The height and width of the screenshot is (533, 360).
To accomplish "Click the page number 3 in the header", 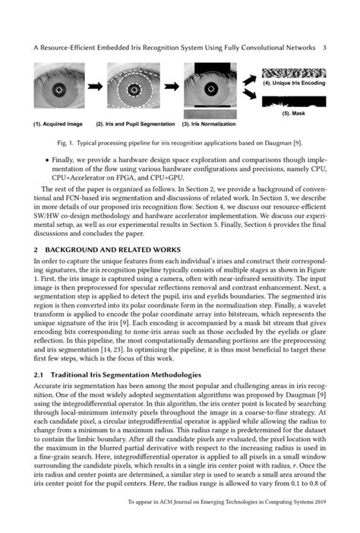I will [x=324, y=47].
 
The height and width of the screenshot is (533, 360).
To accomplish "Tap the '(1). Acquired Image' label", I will [x=58, y=123].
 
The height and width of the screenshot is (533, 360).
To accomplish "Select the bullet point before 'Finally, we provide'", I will [x=47, y=160].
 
